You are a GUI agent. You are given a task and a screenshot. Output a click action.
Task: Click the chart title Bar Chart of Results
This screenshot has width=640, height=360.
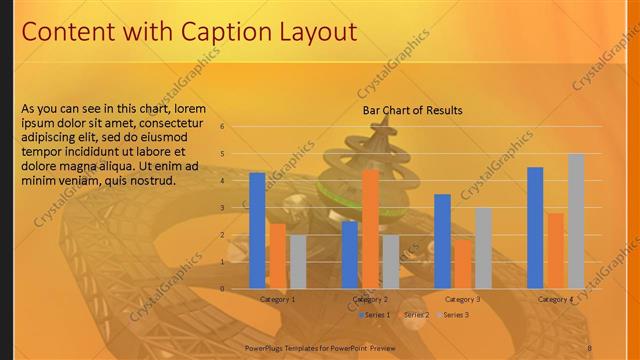pyautogui.click(x=413, y=110)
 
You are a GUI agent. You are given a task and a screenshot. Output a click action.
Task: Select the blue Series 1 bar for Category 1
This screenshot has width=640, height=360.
pyautogui.click(x=257, y=230)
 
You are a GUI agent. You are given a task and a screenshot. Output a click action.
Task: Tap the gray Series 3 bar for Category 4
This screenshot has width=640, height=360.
pyautogui.click(x=575, y=221)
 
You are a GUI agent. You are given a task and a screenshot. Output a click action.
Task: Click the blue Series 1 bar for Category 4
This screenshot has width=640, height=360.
pyautogui.click(x=535, y=228)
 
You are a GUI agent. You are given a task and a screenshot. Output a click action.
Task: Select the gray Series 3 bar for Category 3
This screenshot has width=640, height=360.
pyautogui.click(x=483, y=248)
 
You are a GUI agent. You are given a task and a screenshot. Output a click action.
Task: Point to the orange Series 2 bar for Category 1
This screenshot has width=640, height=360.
pyautogui.click(x=277, y=256)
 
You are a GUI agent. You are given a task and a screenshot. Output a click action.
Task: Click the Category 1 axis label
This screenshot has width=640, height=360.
pyautogui.click(x=277, y=299)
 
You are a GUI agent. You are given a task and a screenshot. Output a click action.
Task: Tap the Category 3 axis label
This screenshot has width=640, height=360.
pyautogui.click(x=462, y=299)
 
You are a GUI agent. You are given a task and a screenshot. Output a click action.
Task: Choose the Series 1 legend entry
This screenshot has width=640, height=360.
pyautogui.click(x=376, y=315)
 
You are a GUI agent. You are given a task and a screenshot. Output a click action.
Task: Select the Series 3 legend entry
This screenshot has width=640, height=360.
pyautogui.click(x=454, y=315)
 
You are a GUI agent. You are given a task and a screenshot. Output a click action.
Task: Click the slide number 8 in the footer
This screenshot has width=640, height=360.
pyautogui.click(x=590, y=345)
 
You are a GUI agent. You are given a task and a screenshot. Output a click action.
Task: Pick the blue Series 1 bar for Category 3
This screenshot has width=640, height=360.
pyautogui.click(x=442, y=241)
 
